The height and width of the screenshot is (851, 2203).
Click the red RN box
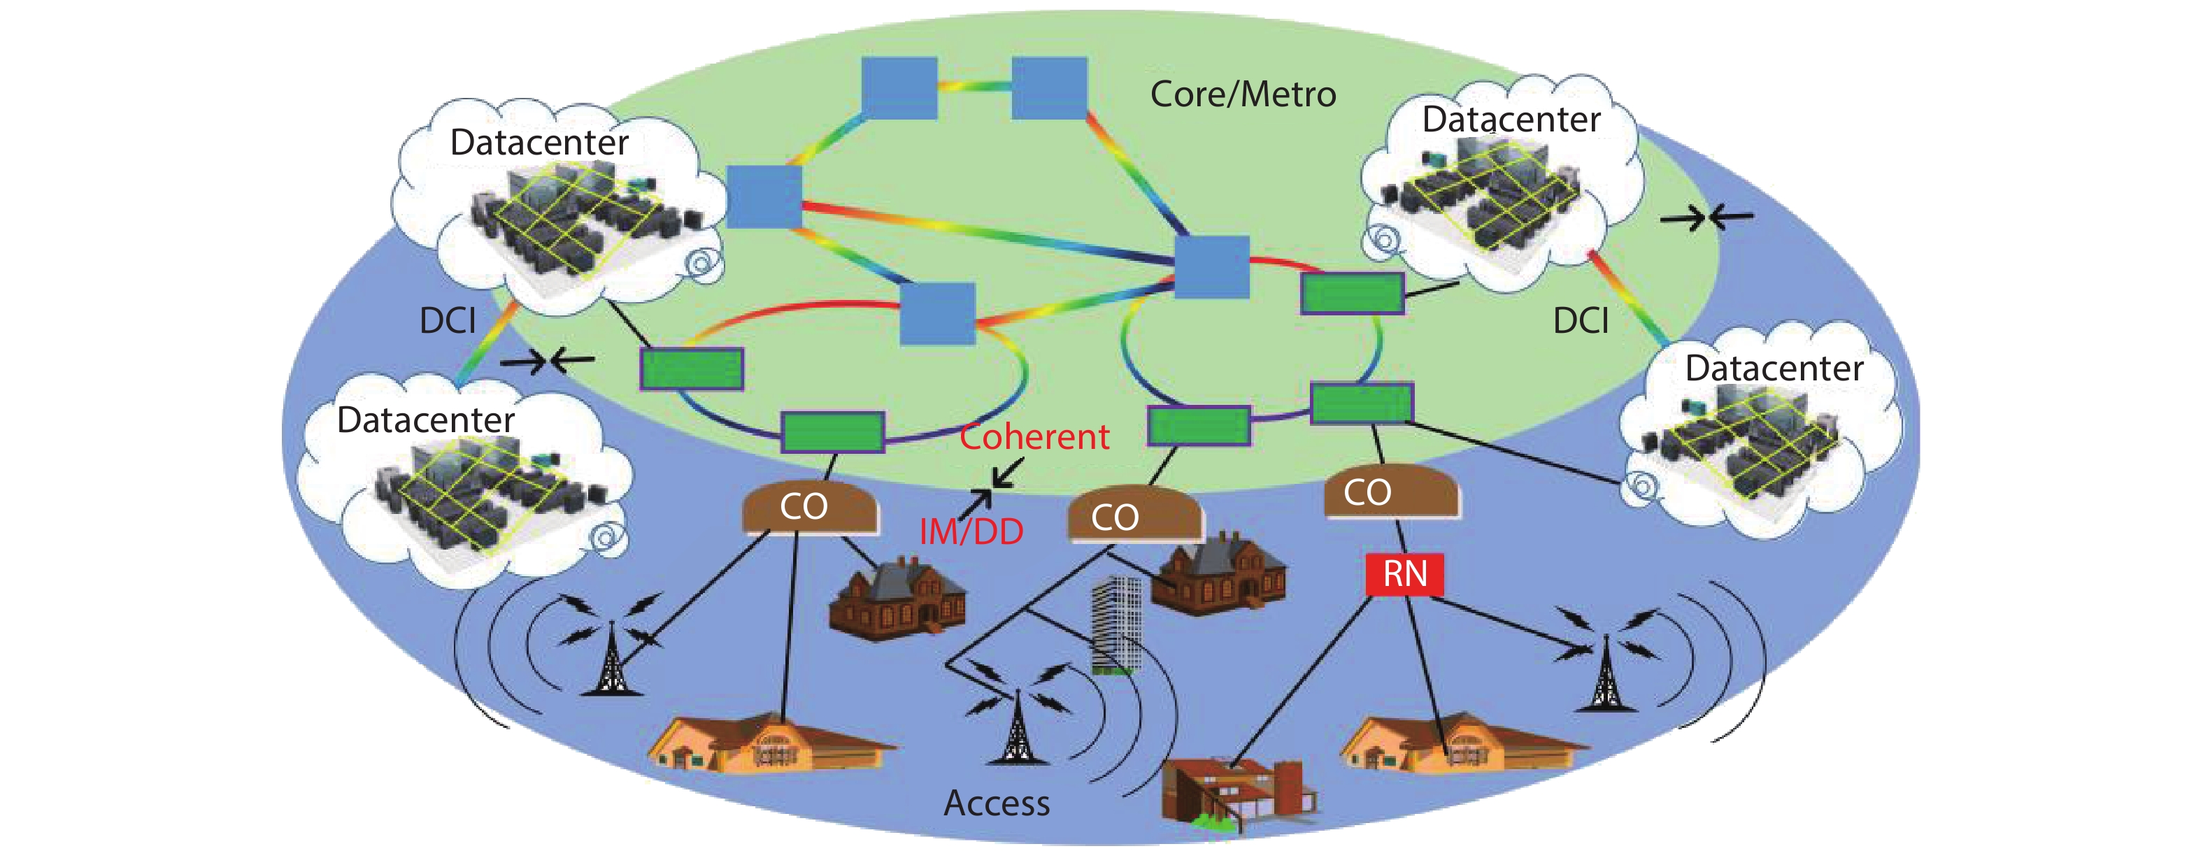(1404, 574)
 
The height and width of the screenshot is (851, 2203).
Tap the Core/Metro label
(1243, 94)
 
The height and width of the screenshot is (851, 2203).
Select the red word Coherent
(1034, 437)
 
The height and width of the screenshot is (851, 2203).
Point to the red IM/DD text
(971, 532)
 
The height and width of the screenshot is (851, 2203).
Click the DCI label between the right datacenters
(1581, 321)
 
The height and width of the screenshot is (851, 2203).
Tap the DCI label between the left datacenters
(448, 321)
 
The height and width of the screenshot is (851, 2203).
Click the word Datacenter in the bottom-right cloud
(1774, 369)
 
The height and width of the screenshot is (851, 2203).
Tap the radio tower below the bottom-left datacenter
(611, 659)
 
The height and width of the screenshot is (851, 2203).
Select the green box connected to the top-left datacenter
(692, 369)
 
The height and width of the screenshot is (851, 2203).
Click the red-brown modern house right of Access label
(1236, 791)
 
